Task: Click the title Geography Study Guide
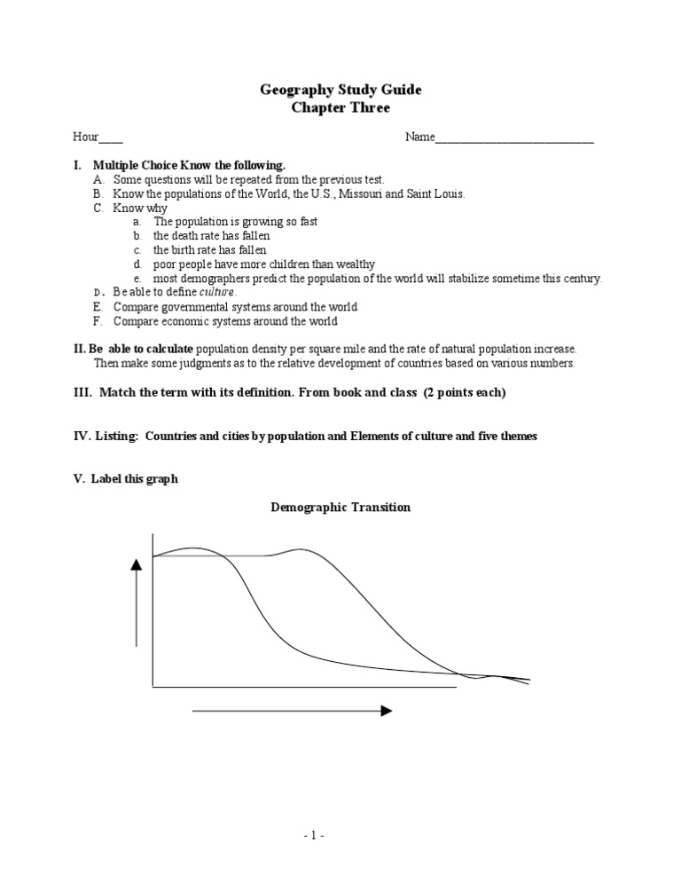340,90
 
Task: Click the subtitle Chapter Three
340,107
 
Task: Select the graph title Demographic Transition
340,508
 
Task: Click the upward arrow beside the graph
137,603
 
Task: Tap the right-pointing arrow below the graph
293,711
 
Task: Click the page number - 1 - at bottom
340,835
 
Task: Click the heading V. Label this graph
125,479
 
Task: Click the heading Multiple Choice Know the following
189,165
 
